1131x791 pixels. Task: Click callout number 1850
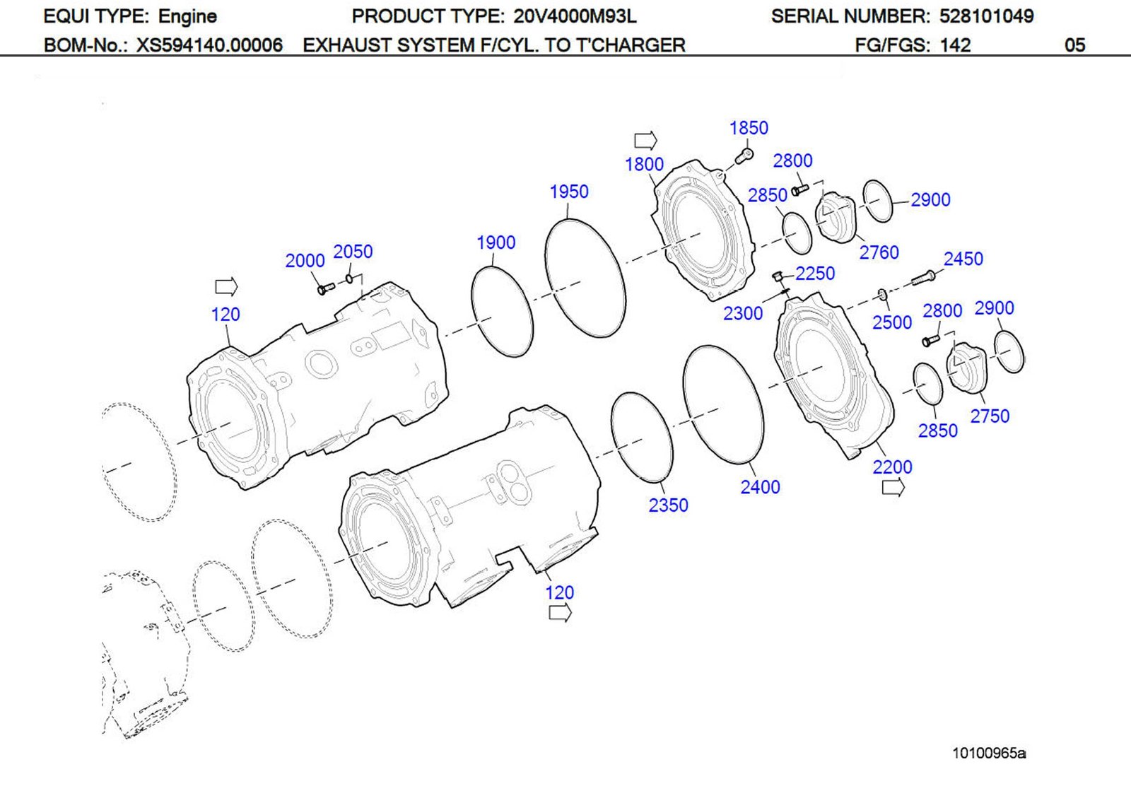pos(748,128)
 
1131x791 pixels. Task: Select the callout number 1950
pos(568,192)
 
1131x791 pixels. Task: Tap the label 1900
pos(496,242)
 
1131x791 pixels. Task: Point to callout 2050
pos(352,252)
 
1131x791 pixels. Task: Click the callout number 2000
pos(305,261)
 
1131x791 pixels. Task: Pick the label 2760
pos(879,252)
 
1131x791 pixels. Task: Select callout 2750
pos(989,416)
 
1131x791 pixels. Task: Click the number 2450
pos(963,259)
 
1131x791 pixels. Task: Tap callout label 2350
pos(668,505)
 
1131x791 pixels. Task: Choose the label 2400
pos(760,487)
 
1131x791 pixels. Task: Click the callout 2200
pos(892,467)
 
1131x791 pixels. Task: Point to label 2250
pos(814,274)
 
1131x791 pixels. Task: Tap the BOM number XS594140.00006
pos(209,45)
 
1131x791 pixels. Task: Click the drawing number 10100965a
pos(988,753)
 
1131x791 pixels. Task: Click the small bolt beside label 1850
pos(744,156)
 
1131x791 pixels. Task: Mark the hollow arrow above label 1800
pos(645,139)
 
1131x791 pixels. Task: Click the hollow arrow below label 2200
pos(893,487)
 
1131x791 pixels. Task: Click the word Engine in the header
pos(187,16)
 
